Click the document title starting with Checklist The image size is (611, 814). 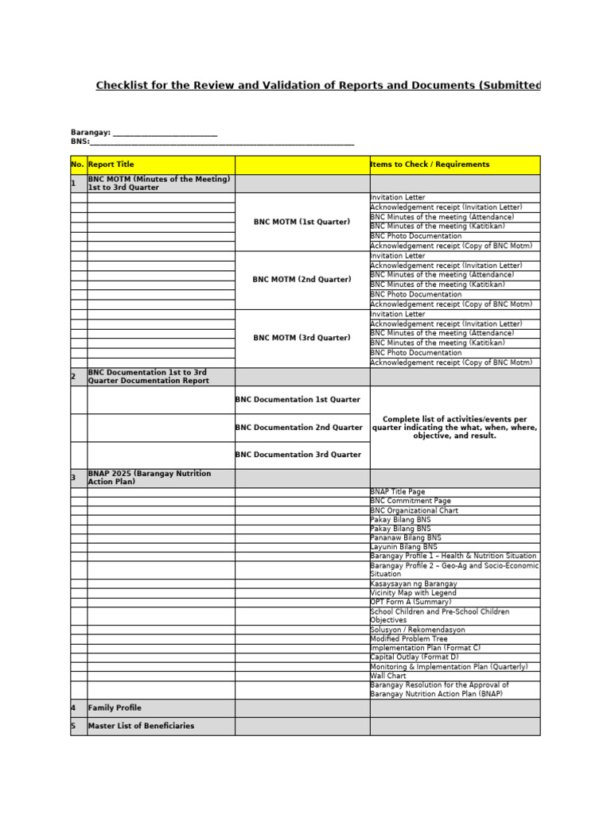click(318, 86)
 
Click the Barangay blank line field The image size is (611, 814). click(165, 133)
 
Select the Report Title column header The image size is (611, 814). click(111, 165)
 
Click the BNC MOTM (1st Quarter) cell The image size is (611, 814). click(302, 222)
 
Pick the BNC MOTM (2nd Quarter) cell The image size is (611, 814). click(302, 280)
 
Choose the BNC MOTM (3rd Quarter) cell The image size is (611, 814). click(302, 338)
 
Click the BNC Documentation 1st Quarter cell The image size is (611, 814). click(298, 400)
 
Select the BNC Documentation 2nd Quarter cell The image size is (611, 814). click(299, 428)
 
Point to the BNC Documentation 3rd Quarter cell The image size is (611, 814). click(298, 455)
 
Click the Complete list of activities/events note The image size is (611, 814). click(455, 427)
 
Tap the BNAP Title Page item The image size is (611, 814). click(398, 492)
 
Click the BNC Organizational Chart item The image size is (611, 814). click(414, 510)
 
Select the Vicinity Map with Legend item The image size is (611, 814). click(413, 593)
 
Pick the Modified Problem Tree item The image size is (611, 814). click(409, 639)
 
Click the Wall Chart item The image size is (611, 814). click(388, 676)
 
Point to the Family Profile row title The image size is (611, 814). click(115, 707)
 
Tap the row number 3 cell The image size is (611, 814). click(78, 478)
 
